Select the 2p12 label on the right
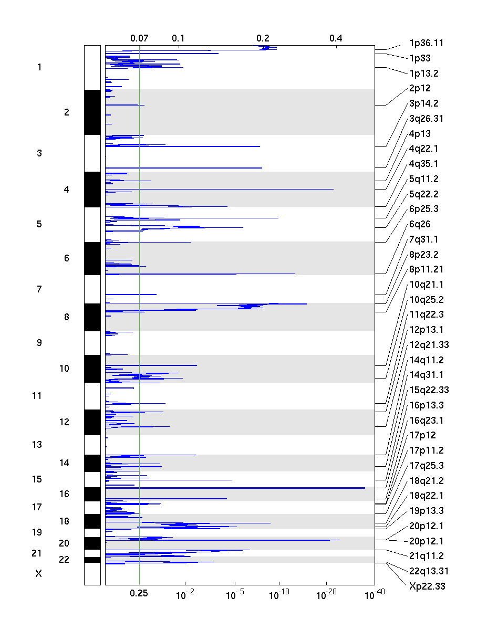tap(420, 88)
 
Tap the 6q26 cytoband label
tap(420, 224)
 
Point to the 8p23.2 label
tap(423, 255)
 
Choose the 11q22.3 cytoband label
tap(426, 315)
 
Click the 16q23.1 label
tap(426, 421)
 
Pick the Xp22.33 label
tap(427, 586)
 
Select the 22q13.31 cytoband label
tap(429, 571)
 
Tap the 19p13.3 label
tap(426, 511)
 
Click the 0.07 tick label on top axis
tap(139, 38)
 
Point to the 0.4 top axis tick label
tap(336, 38)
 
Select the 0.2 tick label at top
tap(263, 38)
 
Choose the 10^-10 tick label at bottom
tap(278, 594)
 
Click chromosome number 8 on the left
tap(66, 317)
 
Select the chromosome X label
tap(38, 574)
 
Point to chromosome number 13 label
tap(37, 445)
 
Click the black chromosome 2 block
tap(92, 112)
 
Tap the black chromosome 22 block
tap(92, 560)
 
